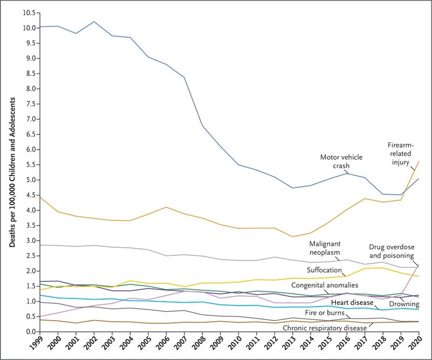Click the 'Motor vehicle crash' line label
point(341,161)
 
